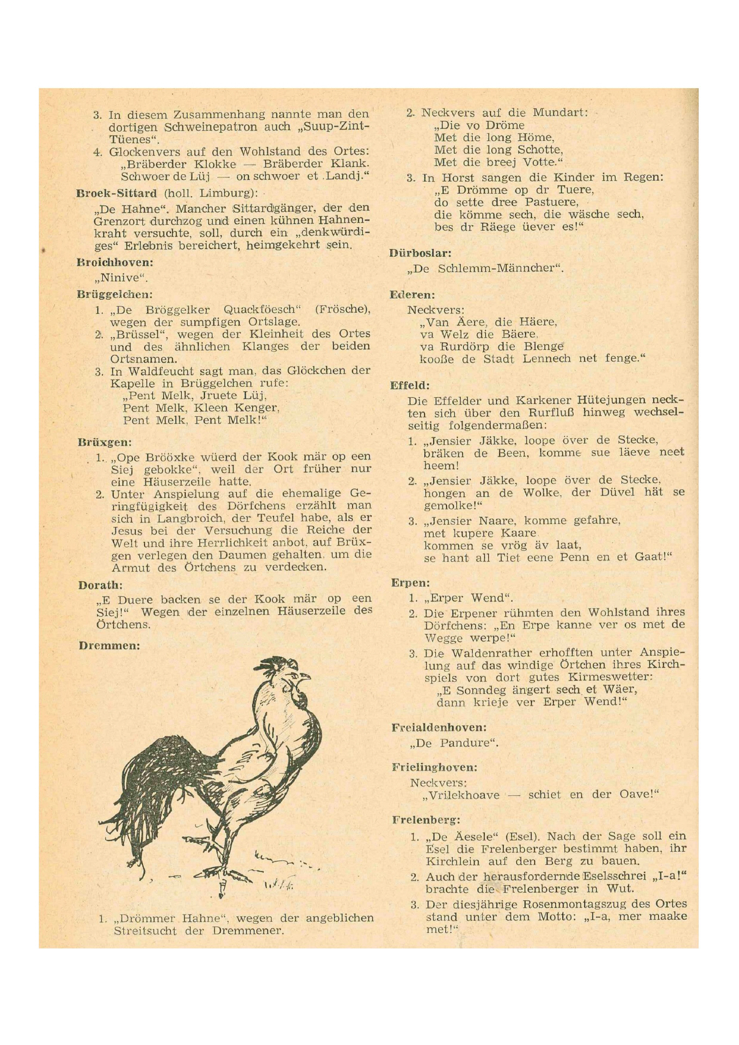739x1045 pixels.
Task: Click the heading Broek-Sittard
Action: (x=116, y=193)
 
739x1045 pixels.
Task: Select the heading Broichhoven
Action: (x=114, y=262)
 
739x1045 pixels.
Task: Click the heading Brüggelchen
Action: (x=114, y=294)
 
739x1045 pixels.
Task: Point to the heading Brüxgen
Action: (x=104, y=442)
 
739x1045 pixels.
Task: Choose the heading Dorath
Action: (x=100, y=585)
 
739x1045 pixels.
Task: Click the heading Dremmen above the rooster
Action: (x=109, y=646)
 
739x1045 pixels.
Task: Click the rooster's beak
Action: (x=306, y=677)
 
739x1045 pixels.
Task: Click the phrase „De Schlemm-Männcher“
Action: (x=485, y=268)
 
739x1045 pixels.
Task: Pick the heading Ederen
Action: (x=412, y=295)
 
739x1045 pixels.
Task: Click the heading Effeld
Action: (x=410, y=385)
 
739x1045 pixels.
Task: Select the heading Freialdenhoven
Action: (x=439, y=728)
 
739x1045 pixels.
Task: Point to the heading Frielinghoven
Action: (x=434, y=767)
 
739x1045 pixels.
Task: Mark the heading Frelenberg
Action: (x=426, y=820)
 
